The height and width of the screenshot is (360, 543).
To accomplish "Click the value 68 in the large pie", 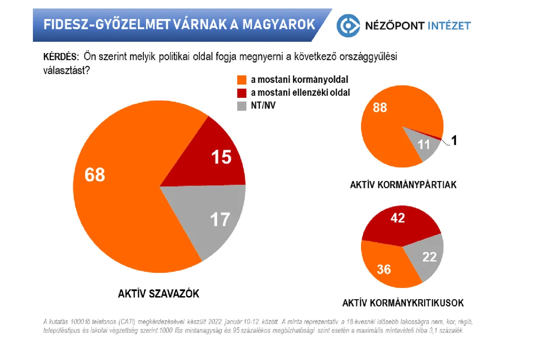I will coord(95,175).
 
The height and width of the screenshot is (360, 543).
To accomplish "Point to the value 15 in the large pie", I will coord(221,157).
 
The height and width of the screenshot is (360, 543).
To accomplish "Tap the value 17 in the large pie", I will coord(220,219).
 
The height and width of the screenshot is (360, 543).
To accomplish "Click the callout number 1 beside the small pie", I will coord(454,141).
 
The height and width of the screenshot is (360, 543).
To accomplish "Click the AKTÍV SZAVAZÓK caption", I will coord(156,294).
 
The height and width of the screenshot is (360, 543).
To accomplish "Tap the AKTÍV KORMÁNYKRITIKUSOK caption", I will coord(403,303).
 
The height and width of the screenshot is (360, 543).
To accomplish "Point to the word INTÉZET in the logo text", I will coord(448,26).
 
